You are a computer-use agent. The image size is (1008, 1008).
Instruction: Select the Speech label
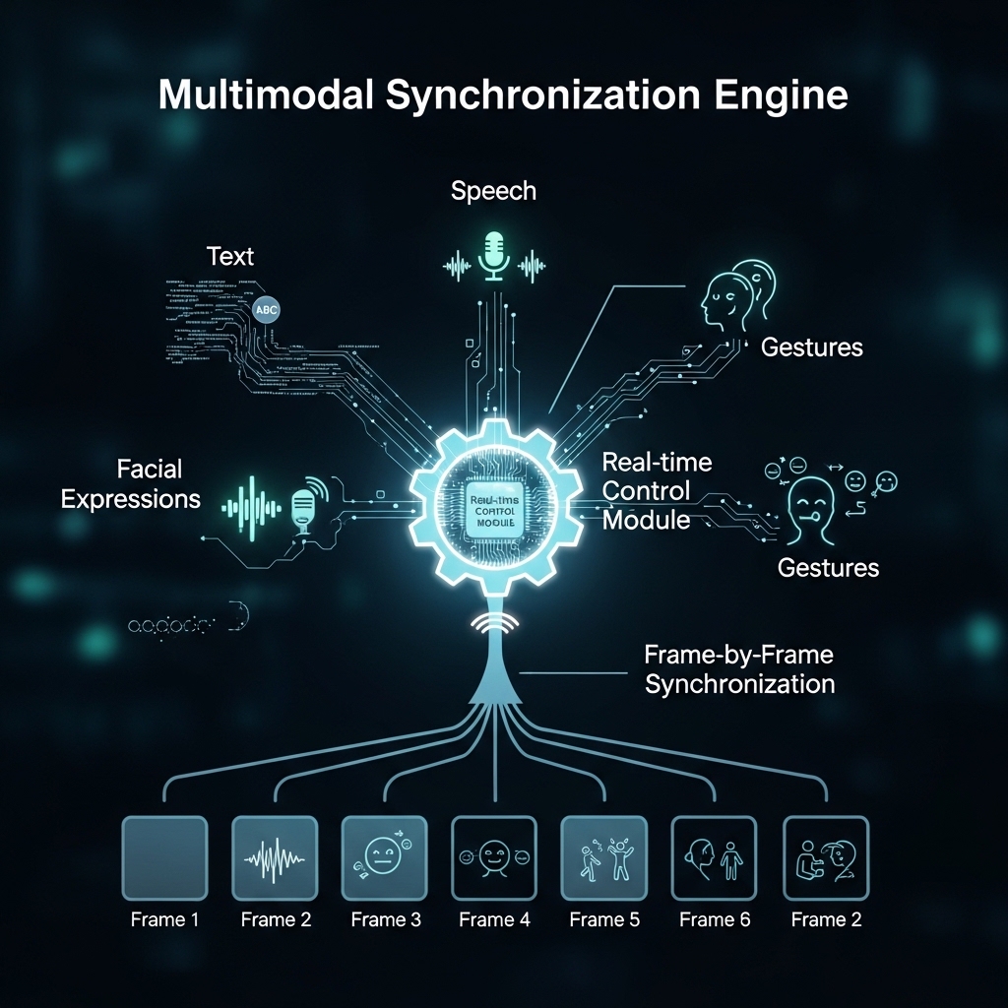[x=493, y=191]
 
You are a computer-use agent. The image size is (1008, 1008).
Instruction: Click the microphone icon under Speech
[x=493, y=257]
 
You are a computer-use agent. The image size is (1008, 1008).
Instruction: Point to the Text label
[x=230, y=257]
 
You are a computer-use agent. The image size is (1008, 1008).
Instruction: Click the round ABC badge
[x=267, y=309]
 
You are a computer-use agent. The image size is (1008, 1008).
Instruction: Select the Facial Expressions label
[x=130, y=483]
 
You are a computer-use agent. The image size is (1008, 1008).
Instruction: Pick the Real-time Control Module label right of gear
[x=657, y=490]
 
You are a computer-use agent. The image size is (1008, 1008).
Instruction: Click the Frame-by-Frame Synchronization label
[x=739, y=668]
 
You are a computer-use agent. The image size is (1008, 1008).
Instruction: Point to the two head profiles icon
[x=737, y=290]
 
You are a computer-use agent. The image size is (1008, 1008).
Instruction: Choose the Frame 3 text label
[x=385, y=920]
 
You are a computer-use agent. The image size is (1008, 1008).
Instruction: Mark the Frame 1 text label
[x=163, y=920]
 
